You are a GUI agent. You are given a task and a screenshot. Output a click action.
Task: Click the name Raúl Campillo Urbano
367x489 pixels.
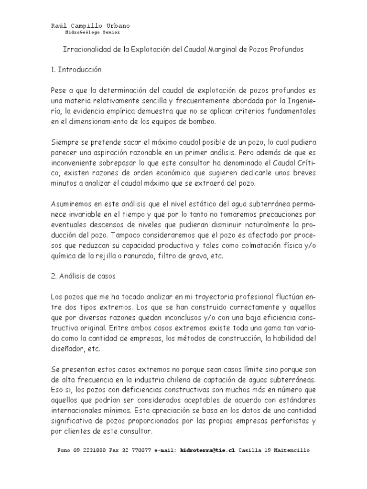pyautogui.click(x=90, y=26)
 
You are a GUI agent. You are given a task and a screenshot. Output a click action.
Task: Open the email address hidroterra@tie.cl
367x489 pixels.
pyautogui.click(x=208, y=450)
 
